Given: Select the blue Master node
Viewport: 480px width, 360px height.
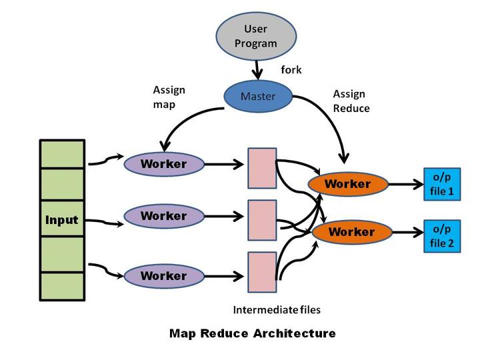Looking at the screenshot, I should point(258,96).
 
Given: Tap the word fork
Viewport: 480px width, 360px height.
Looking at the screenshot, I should point(291,69).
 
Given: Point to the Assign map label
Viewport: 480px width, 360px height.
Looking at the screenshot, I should point(169,97).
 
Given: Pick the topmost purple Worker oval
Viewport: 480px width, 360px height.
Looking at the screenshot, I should point(163,163).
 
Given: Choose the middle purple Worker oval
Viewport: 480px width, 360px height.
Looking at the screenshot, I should point(163,216).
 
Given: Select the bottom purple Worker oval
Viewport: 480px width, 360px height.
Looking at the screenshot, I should point(163,275).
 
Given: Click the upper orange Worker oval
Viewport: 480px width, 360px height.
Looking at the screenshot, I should point(347,183).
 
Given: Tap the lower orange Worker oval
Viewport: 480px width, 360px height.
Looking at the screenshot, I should point(351,232).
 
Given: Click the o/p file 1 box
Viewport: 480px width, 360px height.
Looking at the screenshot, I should point(441,184).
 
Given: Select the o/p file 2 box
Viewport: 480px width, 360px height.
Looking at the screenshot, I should point(441,236).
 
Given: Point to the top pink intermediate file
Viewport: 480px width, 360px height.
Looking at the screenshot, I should point(262,167).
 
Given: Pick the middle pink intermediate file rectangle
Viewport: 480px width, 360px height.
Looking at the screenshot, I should point(262,220).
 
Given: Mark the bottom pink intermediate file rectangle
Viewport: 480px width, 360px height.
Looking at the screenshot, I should point(262,272).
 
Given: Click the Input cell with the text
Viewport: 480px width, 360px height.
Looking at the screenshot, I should point(62,220).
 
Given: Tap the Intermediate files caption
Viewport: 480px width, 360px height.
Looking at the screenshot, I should point(277,310).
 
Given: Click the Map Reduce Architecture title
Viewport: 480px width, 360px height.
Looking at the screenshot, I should point(253,333).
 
